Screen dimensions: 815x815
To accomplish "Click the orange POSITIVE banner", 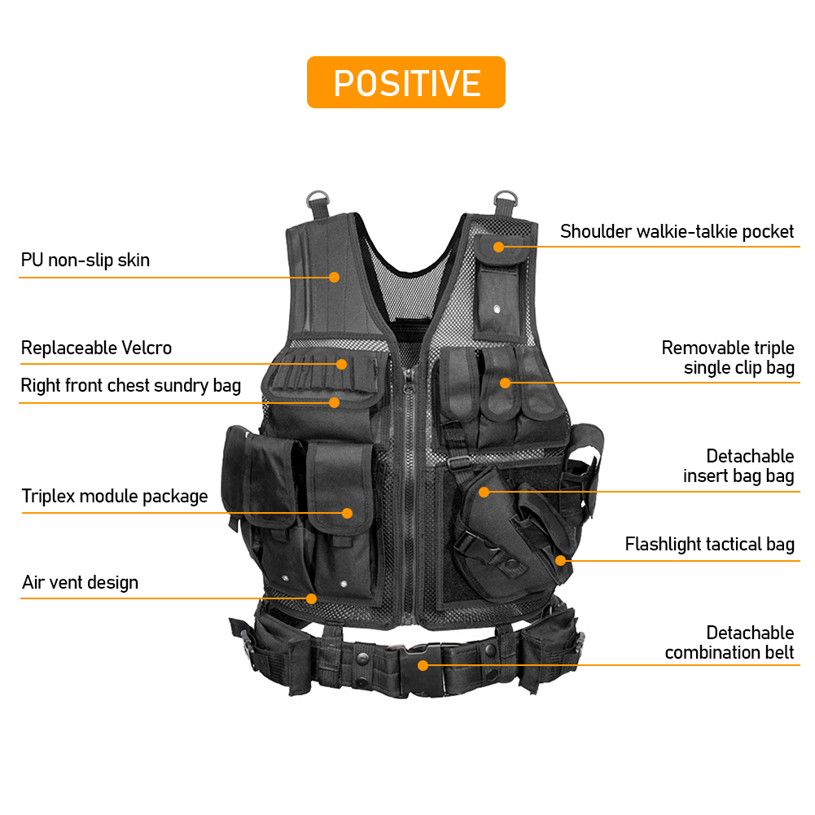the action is click(x=406, y=82).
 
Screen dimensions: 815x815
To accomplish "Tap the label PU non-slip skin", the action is click(x=85, y=260).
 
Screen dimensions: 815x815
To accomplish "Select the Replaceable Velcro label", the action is click(x=96, y=348).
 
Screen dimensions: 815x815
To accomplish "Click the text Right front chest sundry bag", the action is click(x=130, y=386).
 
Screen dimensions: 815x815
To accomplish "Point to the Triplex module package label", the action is click(x=114, y=497).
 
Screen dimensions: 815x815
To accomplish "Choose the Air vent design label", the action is click(x=80, y=582).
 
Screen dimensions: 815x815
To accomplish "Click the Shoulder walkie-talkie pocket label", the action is click(x=677, y=231).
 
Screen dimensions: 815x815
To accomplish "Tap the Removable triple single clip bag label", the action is click(x=728, y=357).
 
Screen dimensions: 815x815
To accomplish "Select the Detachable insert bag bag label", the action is click(x=738, y=466).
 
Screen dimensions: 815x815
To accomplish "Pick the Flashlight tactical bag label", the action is click(x=709, y=544).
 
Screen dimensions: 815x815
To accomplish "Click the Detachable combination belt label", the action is click(x=730, y=642).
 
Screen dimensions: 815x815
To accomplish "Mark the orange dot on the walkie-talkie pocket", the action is click(x=498, y=247).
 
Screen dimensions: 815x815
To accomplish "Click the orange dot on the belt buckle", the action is click(x=423, y=665).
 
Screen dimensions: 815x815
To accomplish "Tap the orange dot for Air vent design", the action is click(x=311, y=598).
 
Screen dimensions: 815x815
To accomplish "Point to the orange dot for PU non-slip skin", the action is click(x=334, y=278).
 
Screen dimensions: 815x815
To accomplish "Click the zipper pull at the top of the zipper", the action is click(x=409, y=380).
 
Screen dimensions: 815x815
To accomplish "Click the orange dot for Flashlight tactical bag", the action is click(x=560, y=560).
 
